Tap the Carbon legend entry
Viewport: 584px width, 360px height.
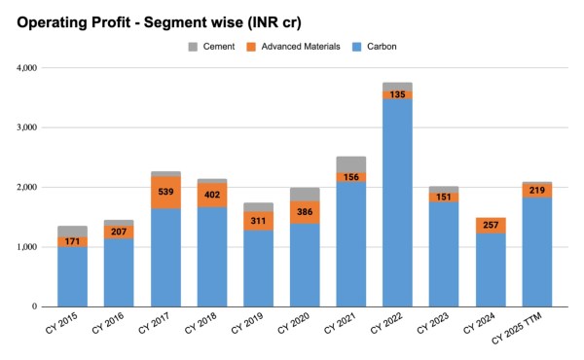[x=386, y=47]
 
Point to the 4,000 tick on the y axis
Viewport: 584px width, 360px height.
[x=24, y=68]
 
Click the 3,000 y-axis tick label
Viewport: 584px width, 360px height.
[x=24, y=127]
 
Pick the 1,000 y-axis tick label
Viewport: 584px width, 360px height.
[x=24, y=247]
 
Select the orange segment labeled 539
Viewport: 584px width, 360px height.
[x=165, y=192]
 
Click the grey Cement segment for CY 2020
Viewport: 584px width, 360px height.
[x=305, y=195]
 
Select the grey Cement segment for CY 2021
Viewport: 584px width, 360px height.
[x=350, y=163]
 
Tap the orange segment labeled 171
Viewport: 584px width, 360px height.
[x=72, y=240]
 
